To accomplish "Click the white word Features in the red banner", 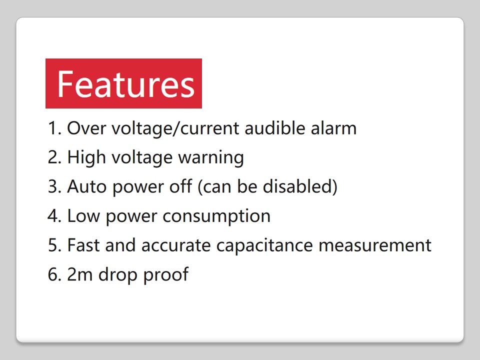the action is pyautogui.click(x=126, y=84).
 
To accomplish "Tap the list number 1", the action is pyautogui.click(x=54, y=128).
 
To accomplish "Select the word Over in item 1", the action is pyautogui.click(x=87, y=128).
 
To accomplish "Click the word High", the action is pyautogui.click(x=86, y=158).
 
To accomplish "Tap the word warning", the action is pyautogui.click(x=211, y=158).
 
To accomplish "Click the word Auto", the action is pyautogui.click(x=86, y=186).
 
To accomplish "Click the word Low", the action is pyautogui.click(x=83, y=216).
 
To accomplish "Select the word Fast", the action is pyautogui.click(x=83, y=245).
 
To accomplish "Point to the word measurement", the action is pyautogui.click(x=375, y=245).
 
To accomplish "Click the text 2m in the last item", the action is pyautogui.click(x=79, y=274).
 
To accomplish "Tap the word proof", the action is pyautogui.click(x=165, y=274).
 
